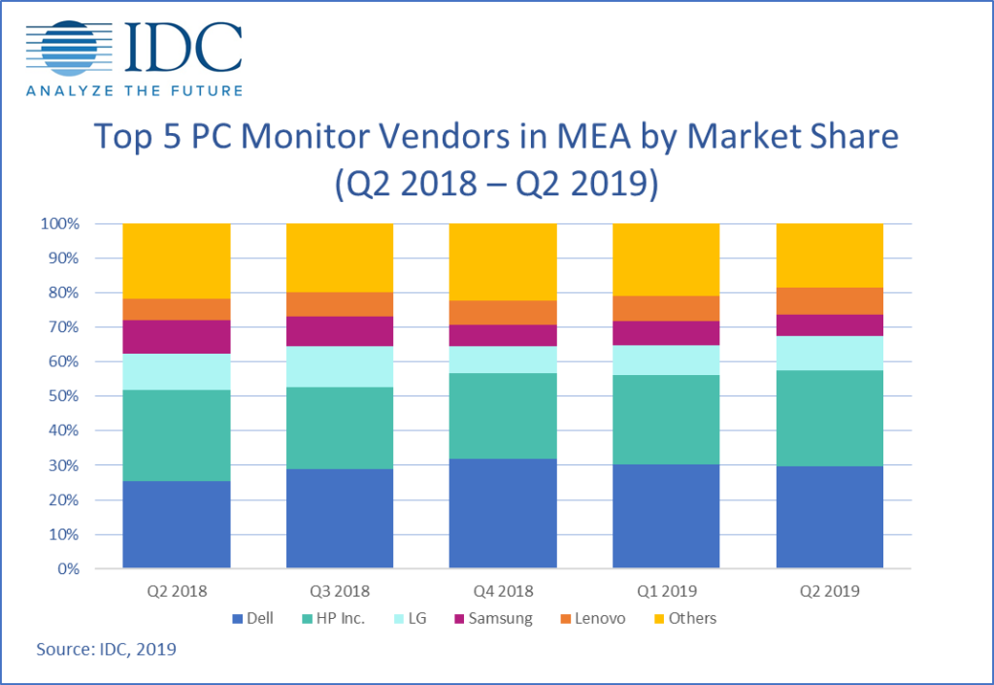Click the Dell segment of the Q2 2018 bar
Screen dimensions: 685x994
176,525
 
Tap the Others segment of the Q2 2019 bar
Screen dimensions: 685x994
829,255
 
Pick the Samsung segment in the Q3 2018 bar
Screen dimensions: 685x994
339,331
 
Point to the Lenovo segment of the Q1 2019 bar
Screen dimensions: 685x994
665,308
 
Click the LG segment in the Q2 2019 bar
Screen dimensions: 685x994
829,353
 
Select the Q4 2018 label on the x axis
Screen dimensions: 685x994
502,590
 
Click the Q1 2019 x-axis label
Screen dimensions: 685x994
665,590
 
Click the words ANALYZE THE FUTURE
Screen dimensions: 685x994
134,90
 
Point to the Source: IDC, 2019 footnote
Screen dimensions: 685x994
107,649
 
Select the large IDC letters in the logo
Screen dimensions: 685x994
184,44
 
